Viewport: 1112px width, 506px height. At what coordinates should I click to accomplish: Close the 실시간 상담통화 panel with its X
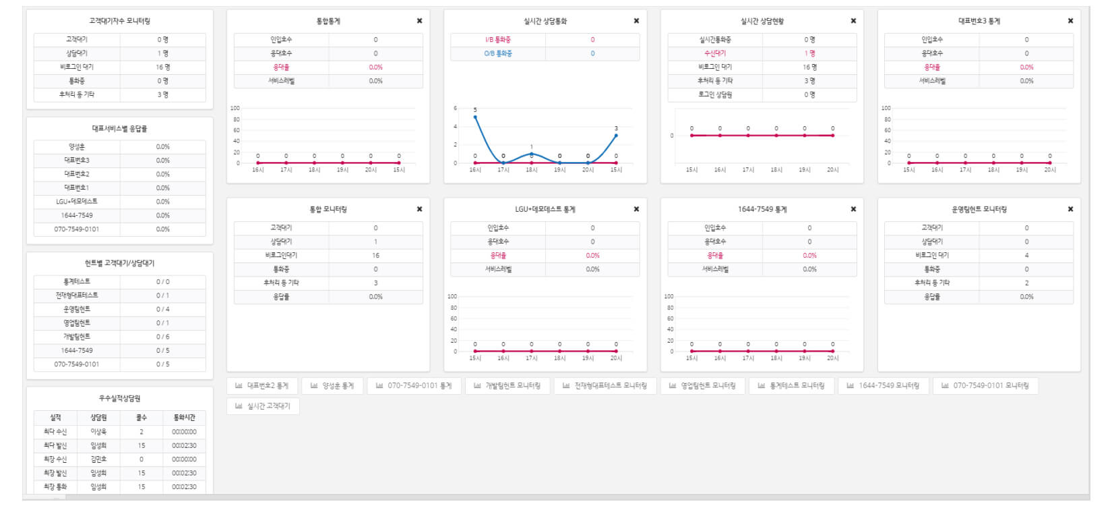(x=636, y=21)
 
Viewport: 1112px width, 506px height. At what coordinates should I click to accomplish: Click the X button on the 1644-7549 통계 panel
(x=853, y=209)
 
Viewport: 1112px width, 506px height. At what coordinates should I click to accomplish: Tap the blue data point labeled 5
(x=475, y=117)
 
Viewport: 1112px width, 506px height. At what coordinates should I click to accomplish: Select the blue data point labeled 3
(x=616, y=136)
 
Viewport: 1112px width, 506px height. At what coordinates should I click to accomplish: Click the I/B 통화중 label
(x=498, y=40)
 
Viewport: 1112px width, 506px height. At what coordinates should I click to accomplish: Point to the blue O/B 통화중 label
(x=498, y=53)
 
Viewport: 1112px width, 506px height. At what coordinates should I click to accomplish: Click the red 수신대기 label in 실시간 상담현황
(x=715, y=53)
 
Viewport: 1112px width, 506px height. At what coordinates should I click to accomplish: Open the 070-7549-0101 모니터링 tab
(x=985, y=386)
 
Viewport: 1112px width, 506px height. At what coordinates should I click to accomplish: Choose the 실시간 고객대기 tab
(x=263, y=406)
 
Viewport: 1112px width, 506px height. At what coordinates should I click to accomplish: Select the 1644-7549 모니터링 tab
(x=883, y=386)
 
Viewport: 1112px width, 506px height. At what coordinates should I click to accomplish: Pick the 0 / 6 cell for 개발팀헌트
(x=163, y=337)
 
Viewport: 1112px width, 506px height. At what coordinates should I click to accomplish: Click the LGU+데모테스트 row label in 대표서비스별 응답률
(x=77, y=202)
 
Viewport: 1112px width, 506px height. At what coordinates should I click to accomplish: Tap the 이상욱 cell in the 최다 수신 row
(x=98, y=432)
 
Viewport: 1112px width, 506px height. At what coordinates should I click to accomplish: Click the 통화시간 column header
(x=184, y=418)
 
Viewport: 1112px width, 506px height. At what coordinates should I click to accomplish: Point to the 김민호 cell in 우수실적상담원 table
(x=98, y=459)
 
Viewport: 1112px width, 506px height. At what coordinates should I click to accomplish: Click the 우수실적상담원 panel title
(x=119, y=399)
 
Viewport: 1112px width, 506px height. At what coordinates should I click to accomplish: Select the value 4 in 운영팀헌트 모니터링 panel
(x=1026, y=256)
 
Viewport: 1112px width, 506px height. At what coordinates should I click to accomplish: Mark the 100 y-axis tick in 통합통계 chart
(x=235, y=108)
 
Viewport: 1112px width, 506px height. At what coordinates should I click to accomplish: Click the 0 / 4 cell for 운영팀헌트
(x=163, y=309)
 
